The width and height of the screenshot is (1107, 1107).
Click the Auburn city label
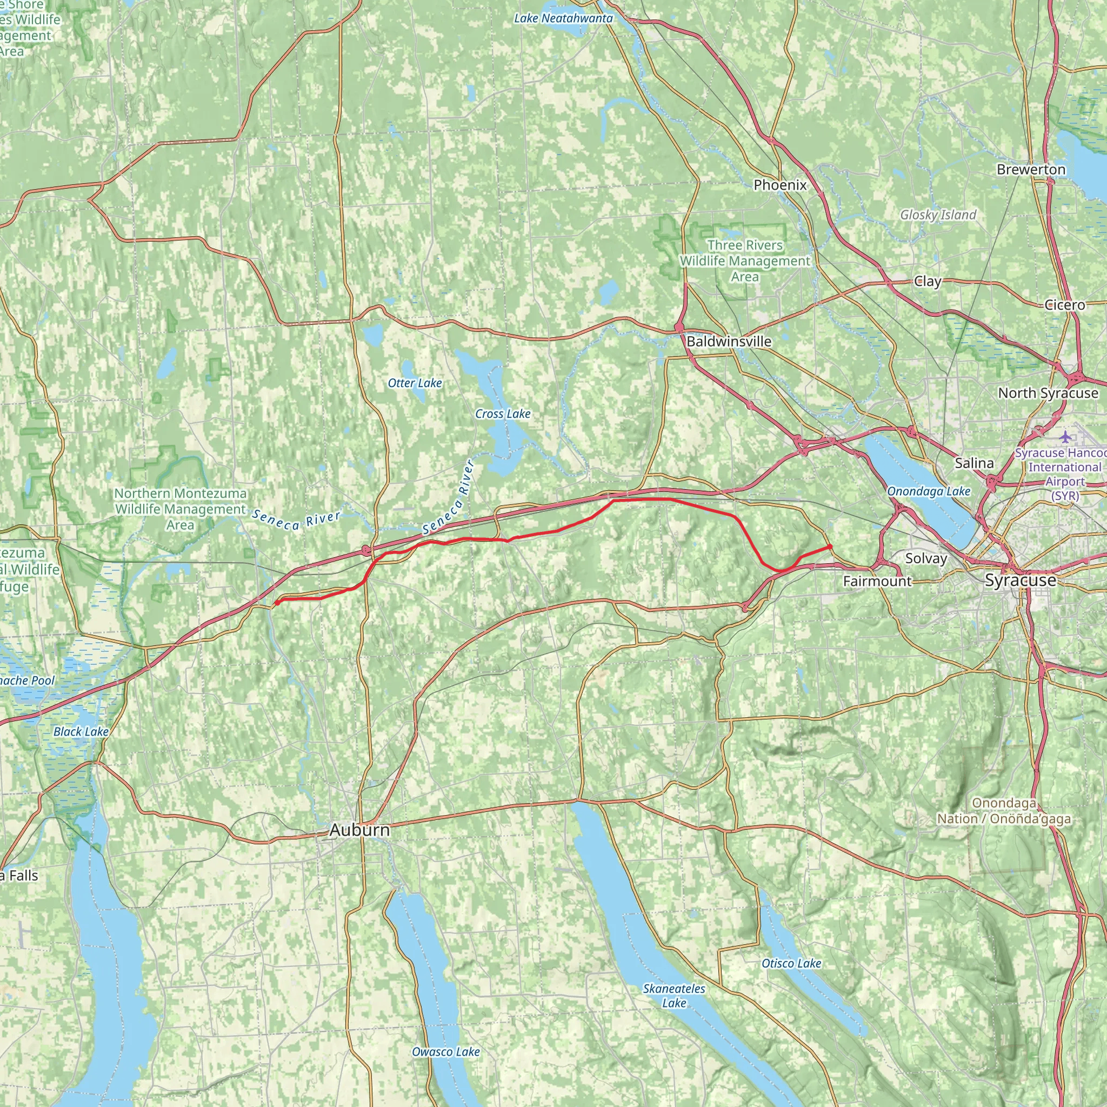coord(359,830)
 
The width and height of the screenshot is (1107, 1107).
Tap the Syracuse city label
coord(1020,581)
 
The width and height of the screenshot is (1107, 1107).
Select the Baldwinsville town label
coord(729,342)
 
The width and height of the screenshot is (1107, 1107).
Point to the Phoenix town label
coord(780,185)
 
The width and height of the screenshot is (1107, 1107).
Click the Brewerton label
coord(1031,170)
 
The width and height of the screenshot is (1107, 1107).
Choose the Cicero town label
coord(1065,305)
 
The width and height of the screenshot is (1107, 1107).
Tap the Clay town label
coord(927,281)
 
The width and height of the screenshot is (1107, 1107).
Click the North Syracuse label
coord(1048,393)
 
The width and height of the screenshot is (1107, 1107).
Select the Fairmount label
coord(877,582)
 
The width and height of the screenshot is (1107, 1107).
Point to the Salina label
coord(974,463)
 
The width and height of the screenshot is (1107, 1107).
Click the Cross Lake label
coord(503,414)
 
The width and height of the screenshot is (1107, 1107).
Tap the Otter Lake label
coord(415,383)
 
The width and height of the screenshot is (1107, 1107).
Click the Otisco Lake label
coord(791,963)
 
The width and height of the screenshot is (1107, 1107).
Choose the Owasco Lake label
coord(446,1051)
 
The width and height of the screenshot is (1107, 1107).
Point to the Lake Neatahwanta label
coord(563,18)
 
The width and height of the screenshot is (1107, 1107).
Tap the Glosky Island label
coord(938,215)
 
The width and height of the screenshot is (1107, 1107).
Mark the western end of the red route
coord(277,603)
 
